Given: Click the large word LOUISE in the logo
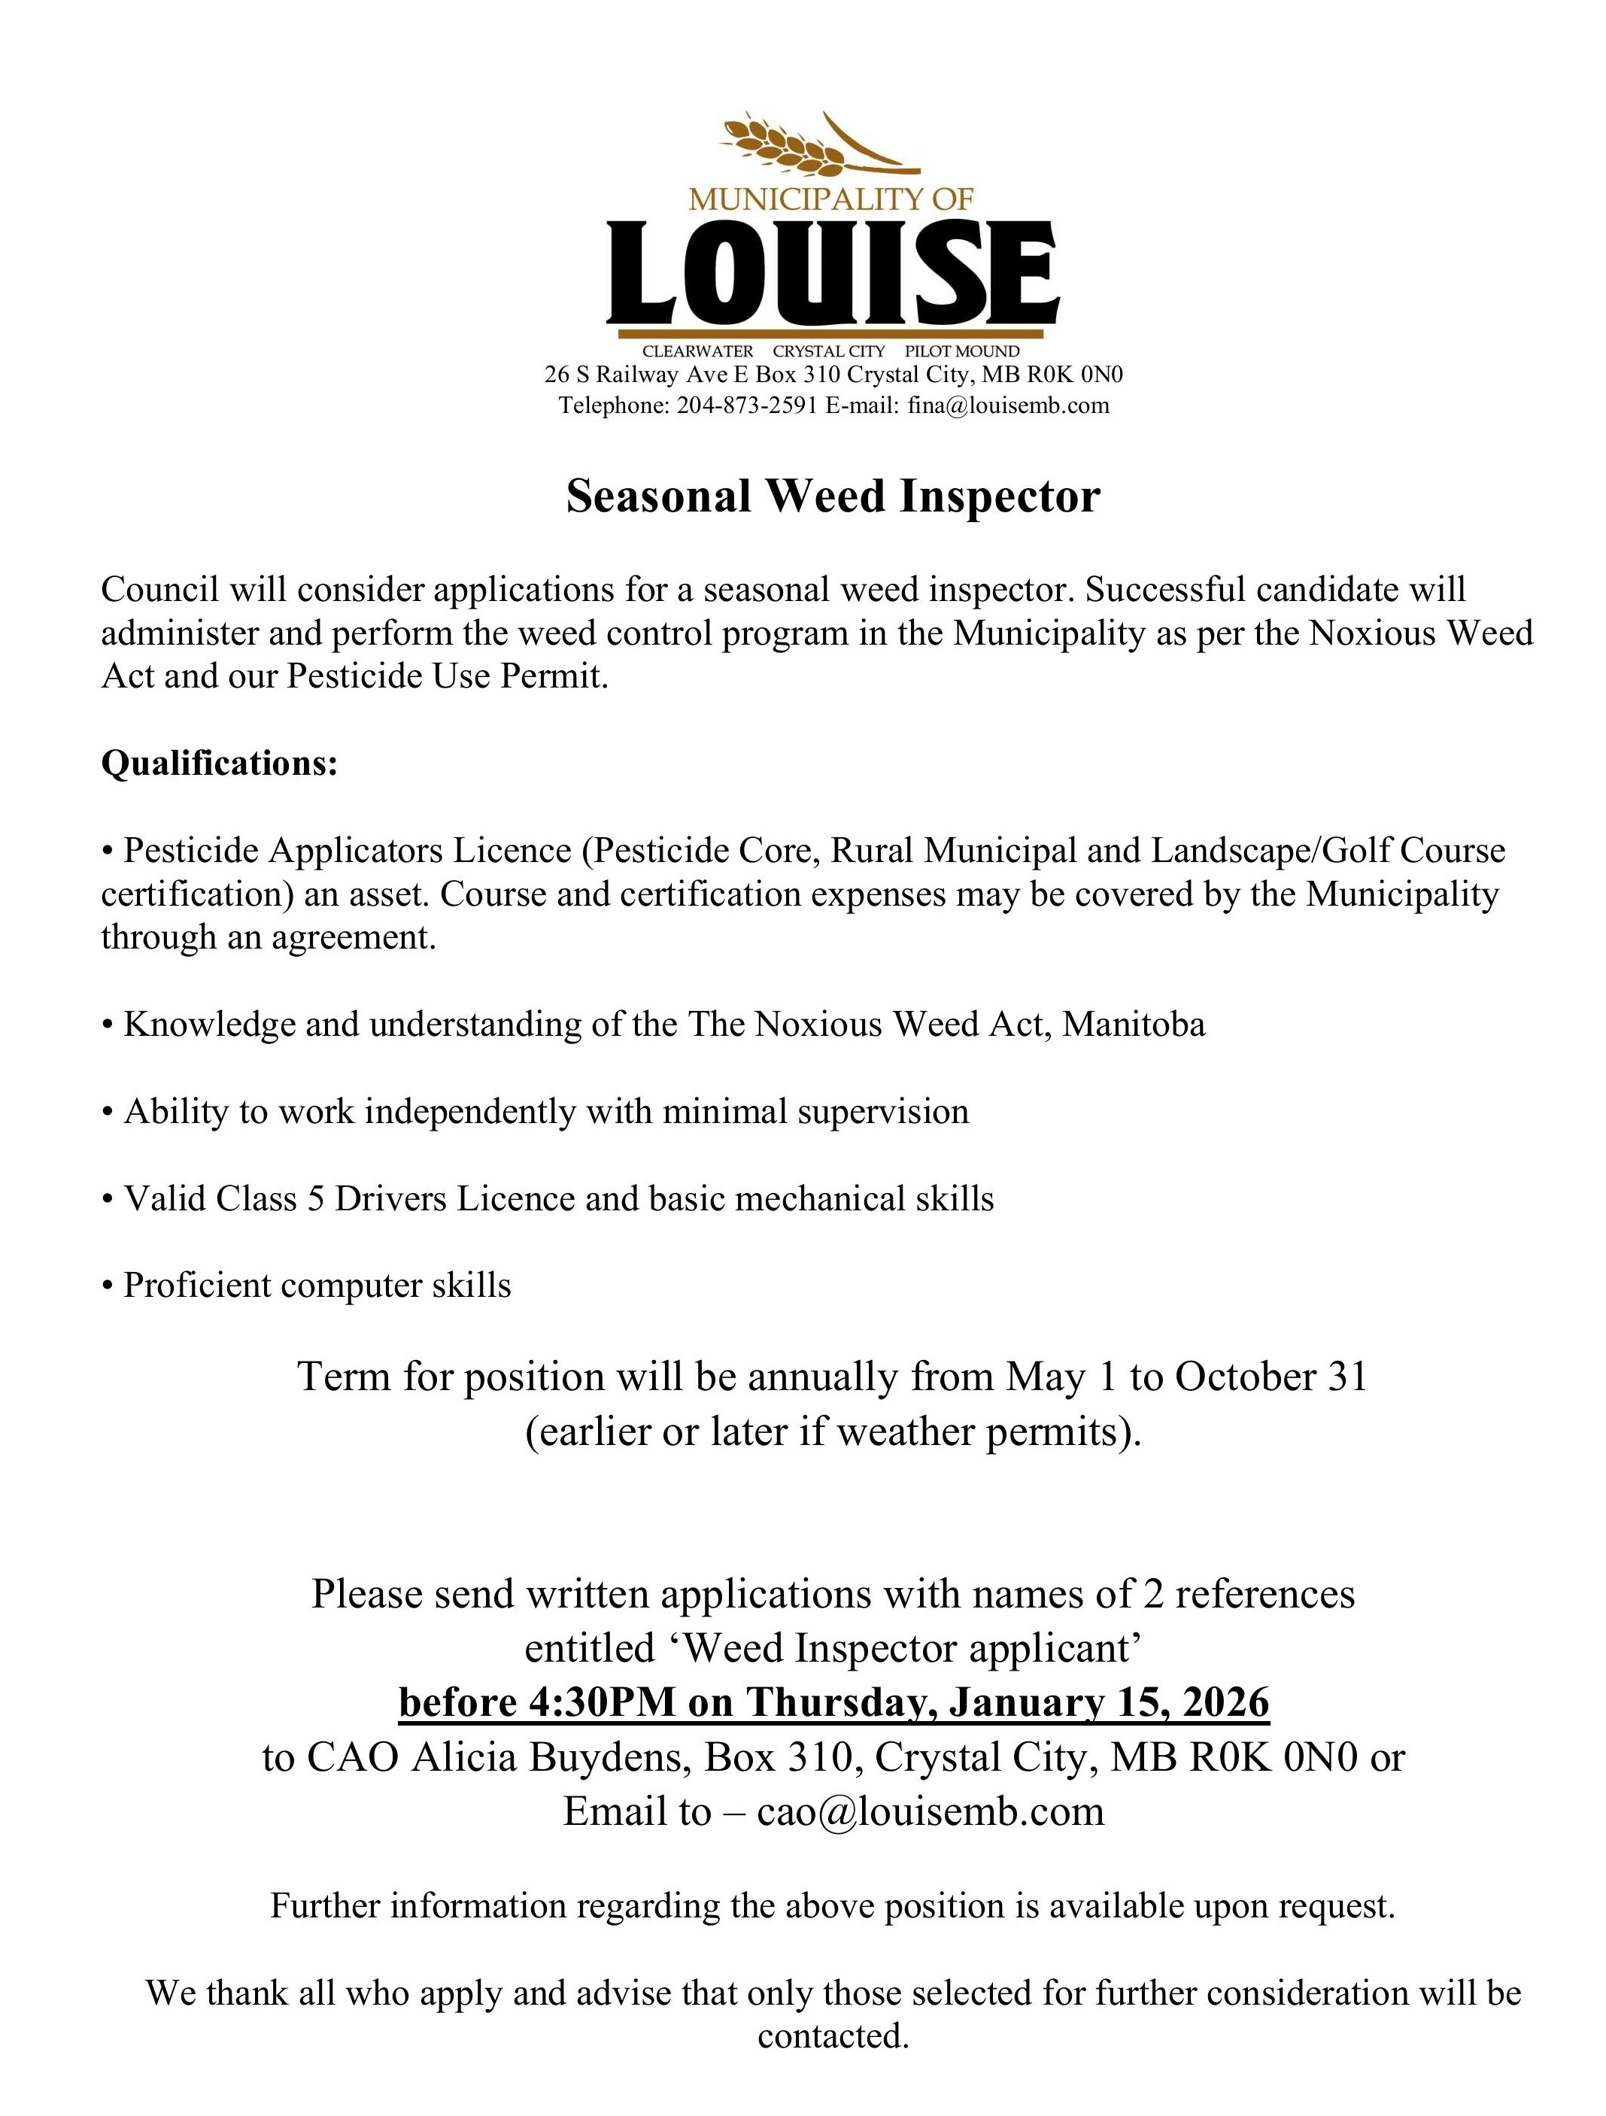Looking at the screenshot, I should (x=832, y=275).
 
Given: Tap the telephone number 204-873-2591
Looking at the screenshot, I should (x=746, y=405).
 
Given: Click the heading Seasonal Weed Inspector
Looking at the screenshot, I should (x=832, y=496).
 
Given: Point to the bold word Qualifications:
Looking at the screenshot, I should (x=220, y=764).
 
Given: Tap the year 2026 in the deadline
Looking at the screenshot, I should (x=1225, y=1703).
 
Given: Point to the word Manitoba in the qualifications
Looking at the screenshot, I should (x=1134, y=1025).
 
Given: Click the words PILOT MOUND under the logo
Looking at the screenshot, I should (x=961, y=351).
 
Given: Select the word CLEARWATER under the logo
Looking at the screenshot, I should (x=697, y=351).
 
